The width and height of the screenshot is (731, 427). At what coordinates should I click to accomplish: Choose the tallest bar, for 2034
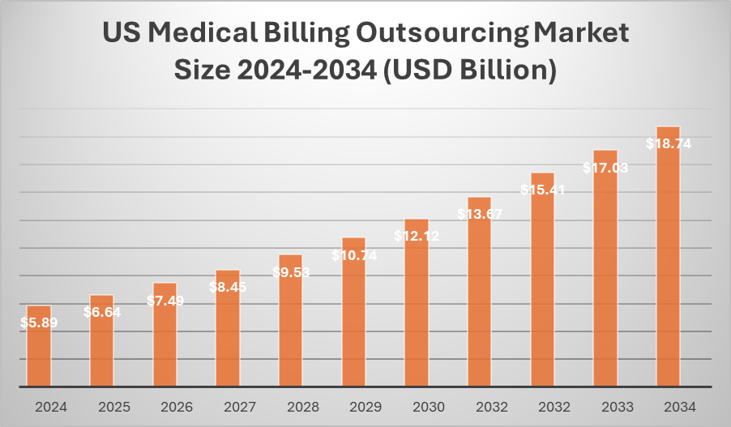click(668, 259)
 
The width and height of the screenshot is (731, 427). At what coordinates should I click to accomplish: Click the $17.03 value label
click(605, 168)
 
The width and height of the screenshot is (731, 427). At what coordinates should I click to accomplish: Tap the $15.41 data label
click(542, 190)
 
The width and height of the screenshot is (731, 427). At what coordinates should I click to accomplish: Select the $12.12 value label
click(417, 236)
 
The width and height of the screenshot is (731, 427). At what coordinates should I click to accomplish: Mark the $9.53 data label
click(290, 272)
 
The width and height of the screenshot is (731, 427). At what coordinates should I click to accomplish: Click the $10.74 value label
click(353, 254)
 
